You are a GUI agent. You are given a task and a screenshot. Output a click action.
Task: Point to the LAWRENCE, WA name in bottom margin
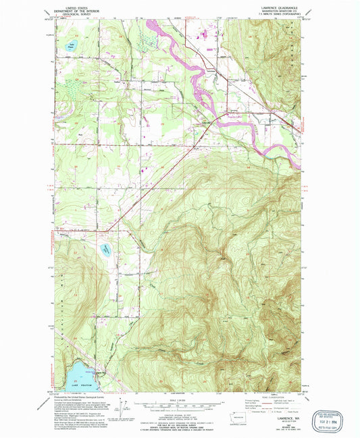point(281,419)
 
